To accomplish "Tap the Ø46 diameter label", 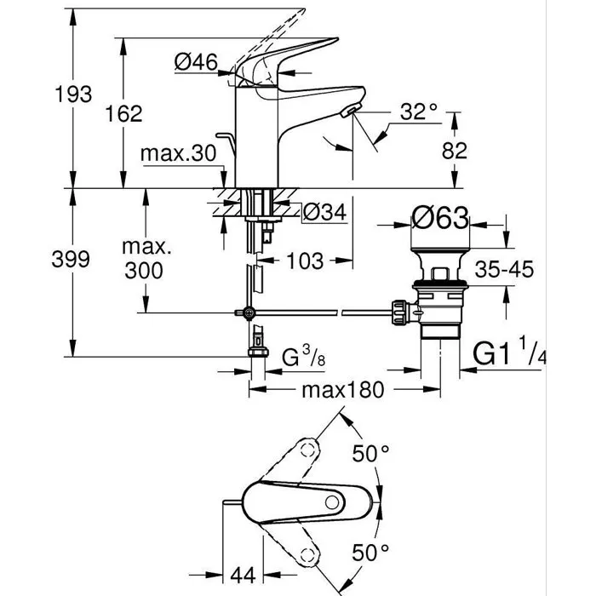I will (x=196, y=60).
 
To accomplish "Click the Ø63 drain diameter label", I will (x=441, y=221).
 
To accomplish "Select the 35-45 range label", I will (x=504, y=270).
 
